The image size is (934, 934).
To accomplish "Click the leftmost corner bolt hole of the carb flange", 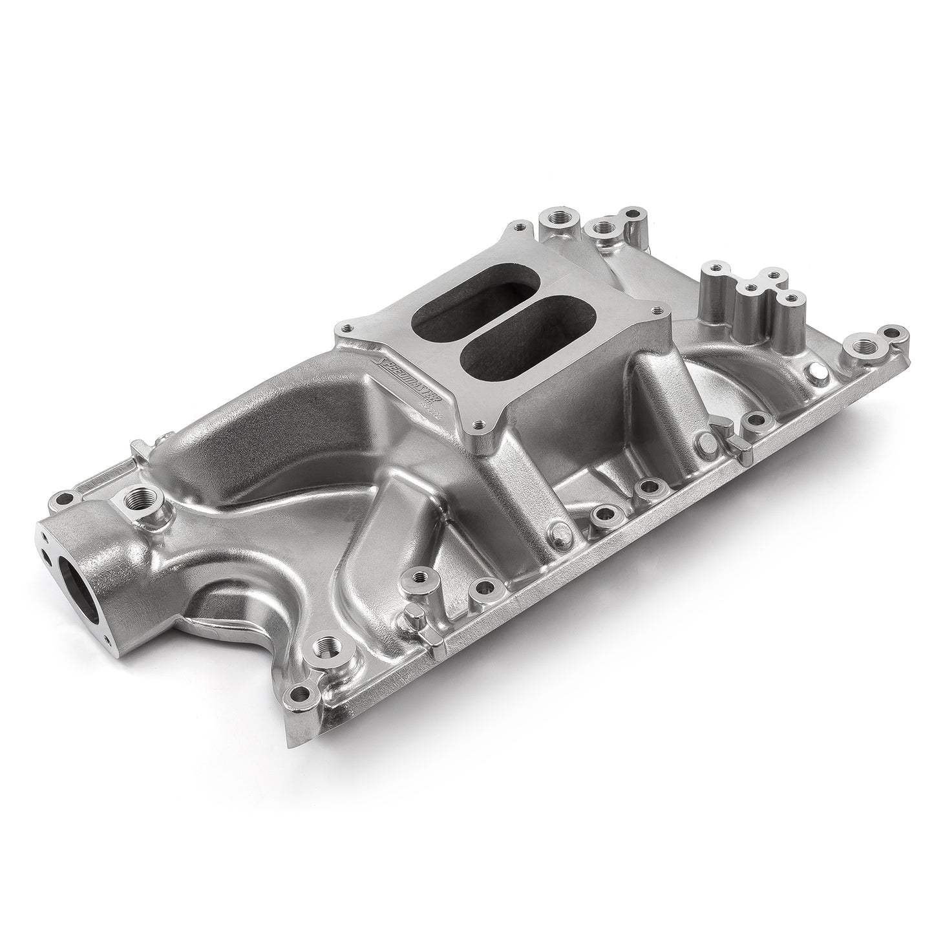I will pos(347,328).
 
